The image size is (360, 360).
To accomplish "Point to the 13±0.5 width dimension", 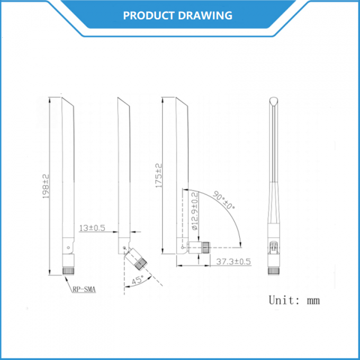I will (92, 229).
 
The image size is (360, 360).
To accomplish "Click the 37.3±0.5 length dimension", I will (233, 261).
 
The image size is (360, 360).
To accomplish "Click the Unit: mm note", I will (294, 301).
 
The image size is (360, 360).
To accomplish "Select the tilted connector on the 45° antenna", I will (139, 262).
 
